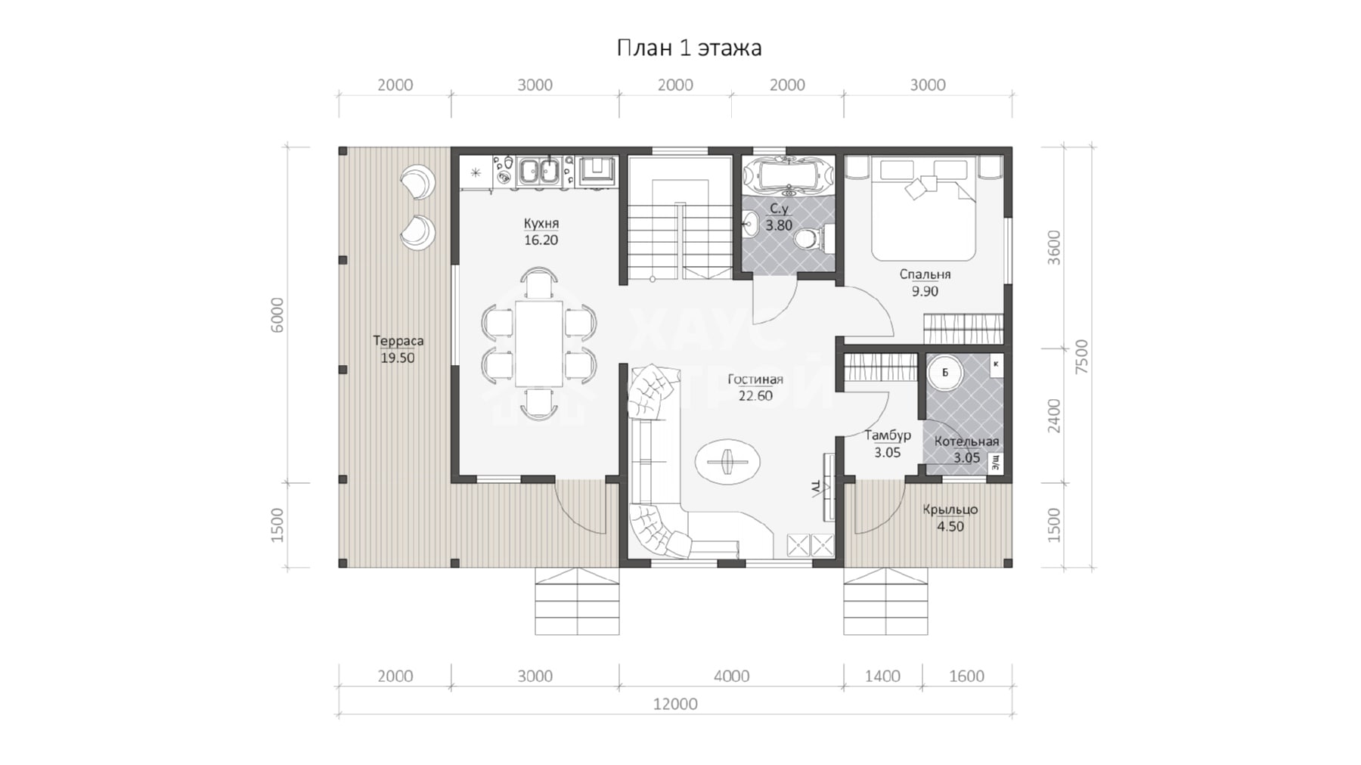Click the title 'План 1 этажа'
(x=689, y=48)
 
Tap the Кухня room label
(x=541, y=224)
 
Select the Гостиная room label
(x=755, y=379)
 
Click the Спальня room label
(x=925, y=274)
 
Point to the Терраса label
(x=398, y=341)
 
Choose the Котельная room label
(x=966, y=441)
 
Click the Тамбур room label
(x=888, y=436)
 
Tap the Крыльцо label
(x=950, y=510)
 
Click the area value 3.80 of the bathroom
(x=779, y=225)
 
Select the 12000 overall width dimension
(x=675, y=705)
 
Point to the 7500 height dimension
(x=1082, y=357)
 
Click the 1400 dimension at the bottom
(x=882, y=677)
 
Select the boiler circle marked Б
(x=944, y=373)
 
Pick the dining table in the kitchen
(x=539, y=344)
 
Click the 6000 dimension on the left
(x=277, y=315)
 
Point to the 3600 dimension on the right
(x=1055, y=248)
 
